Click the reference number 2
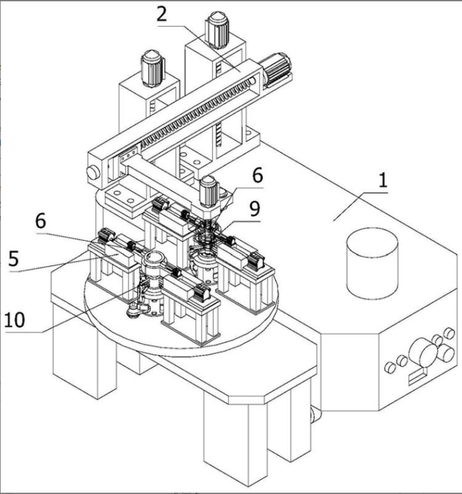(x=162, y=14)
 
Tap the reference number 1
(x=383, y=181)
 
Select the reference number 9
(x=255, y=209)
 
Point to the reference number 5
(x=14, y=259)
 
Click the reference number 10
(x=14, y=320)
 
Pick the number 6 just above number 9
(x=257, y=176)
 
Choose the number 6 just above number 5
(x=41, y=221)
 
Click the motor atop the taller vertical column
(x=216, y=30)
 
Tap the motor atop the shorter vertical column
(x=152, y=68)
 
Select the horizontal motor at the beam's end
(x=277, y=68)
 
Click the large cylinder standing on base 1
(x=372, y=263)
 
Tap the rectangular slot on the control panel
(x=417, y=376)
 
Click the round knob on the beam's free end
(x=93, y=172)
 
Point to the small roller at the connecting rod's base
(x=132, y=312)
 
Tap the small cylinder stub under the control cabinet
(x=315, y=416)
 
